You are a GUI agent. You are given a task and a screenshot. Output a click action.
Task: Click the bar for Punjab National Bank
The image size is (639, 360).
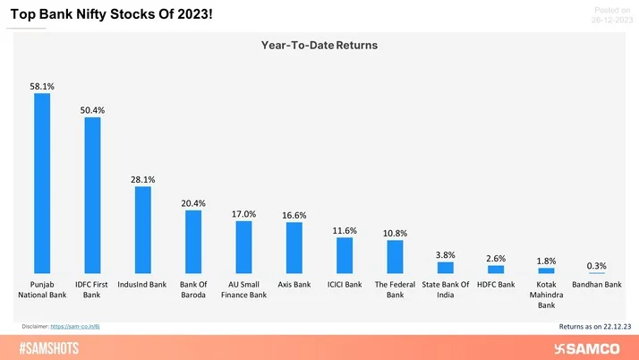click(41, 184)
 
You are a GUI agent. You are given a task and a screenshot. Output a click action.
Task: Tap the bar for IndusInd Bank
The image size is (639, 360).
click(142, 230)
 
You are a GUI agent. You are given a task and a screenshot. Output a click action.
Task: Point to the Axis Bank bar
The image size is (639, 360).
click(294, 248)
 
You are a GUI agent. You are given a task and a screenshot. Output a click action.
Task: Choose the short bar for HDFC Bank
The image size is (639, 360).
click(496, 269)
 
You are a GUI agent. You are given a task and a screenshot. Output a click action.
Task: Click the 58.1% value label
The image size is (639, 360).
click(42, 87)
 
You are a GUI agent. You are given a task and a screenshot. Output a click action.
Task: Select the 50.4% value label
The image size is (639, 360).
click(92, 110)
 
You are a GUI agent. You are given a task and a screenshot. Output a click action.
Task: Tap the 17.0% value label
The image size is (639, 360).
click(243, 214)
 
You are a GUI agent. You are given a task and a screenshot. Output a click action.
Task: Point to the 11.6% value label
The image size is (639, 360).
click(345, 231)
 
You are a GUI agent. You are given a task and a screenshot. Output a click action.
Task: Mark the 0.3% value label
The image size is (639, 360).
click(596, 266)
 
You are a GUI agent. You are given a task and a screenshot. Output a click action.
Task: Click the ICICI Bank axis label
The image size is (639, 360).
click(345, 285)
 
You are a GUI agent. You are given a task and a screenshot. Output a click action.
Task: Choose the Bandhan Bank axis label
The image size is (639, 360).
click(597, 285)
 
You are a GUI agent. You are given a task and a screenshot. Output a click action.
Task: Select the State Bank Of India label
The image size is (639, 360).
click(445, 289)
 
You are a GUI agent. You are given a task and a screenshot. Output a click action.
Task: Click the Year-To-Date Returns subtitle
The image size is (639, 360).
click(319, 44)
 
